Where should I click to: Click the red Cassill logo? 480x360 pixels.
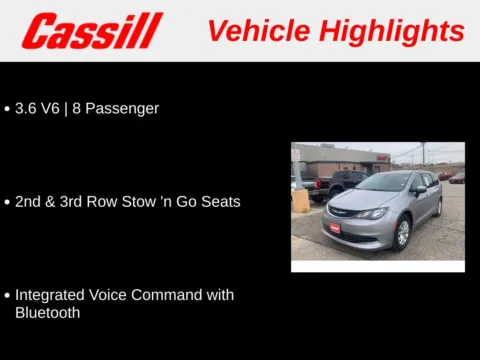(x=92, y=31)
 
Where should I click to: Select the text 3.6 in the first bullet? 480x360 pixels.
(x=27, y=108)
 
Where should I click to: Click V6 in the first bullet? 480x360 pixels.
(x=54, y=108)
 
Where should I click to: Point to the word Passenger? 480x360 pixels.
(x=123, y=108)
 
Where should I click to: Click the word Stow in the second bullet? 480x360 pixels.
(x=143, y=201)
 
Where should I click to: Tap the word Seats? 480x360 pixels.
(x=219, y=201)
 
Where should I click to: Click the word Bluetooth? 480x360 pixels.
(x=48, y=312)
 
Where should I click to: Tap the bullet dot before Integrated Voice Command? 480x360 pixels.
(x=7, y=296)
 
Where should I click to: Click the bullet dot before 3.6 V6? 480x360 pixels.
(x=7, y=109)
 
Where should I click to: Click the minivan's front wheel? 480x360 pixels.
(x=402, y=233)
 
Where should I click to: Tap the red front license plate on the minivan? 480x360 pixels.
(x=335, y=228)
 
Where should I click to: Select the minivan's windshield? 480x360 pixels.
(x=382, y=183)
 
